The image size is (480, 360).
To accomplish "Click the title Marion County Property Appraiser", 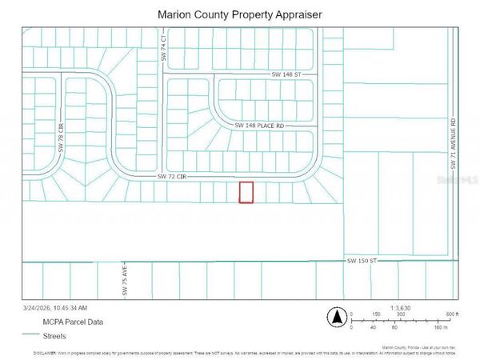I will coord(239,14).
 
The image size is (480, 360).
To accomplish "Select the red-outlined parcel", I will coord(246,192).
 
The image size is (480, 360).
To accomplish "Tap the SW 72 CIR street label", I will coord(172,176).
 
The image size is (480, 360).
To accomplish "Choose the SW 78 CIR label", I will coord(60,138).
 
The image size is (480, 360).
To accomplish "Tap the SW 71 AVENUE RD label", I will coord(453,144).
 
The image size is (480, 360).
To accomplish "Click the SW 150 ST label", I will coord(361,261).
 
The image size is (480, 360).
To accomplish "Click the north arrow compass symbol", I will coord(338,317).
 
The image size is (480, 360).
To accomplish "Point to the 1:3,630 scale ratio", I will coord(402,307).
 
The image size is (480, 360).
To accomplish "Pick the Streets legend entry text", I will coord(57,335).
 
